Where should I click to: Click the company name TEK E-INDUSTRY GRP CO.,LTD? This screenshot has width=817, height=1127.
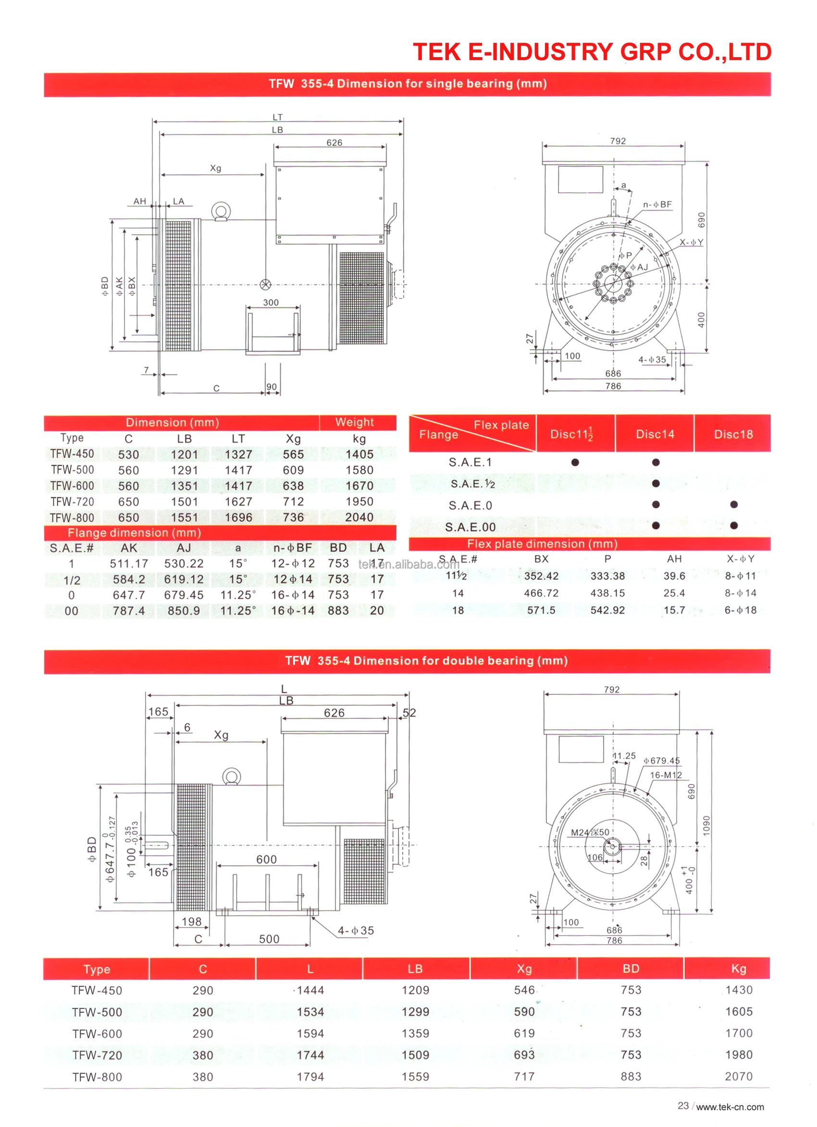pyautogui.click(x=592, y=52)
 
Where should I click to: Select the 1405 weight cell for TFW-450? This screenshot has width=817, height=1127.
pyautogui.click(x=359, y=454)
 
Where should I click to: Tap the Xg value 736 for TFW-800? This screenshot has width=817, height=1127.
pyautogui.click(x=293, y=517)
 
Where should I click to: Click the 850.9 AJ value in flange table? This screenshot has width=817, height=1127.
pyautogui.click(x=184, y=611)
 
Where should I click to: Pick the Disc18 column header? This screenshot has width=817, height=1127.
pyautogui.click(x=733, y=434)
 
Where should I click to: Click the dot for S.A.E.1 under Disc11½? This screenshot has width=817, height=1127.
pyautogui.click(x=575, y=462)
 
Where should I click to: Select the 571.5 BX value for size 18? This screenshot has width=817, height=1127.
pyautogui.click(x=541, y=610)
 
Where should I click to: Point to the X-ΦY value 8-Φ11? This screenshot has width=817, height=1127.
pyautogui.click(x=741, y=576)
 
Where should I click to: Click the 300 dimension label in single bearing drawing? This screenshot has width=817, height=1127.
pyautogui.click(x=271, y=302)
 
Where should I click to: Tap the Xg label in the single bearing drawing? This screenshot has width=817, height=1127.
pyautogui.click(x=215, y=168)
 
